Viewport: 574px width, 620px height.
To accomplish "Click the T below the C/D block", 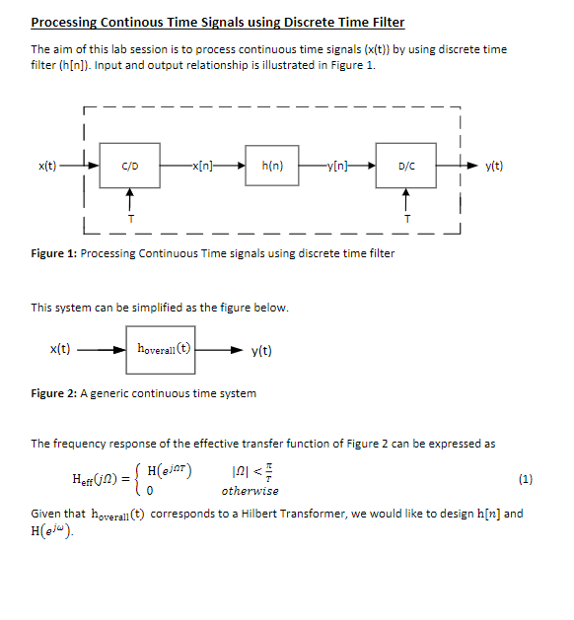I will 130,218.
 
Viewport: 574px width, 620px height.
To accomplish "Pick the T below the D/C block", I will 405,218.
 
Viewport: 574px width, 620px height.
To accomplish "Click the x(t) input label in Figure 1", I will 45,166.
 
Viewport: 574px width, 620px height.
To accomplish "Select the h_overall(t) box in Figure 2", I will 161,349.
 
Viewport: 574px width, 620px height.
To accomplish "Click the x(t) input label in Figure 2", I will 59,349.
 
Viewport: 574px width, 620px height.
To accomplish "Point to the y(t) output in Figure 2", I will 262,350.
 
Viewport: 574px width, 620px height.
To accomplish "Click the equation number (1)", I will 525,479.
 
